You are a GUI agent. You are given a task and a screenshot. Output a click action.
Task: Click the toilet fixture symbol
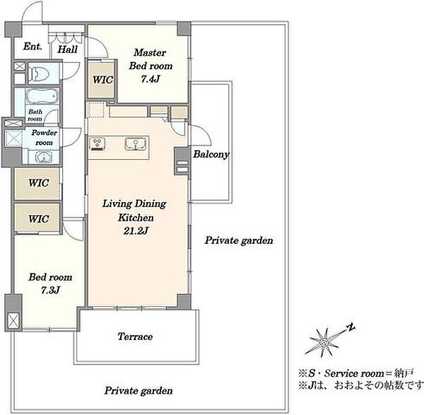[39, 72]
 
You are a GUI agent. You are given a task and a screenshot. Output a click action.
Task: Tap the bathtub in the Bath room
[42, 96]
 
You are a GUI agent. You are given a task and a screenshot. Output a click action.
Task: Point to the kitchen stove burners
[98, 144]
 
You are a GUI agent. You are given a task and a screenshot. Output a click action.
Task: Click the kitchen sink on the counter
[136, 144]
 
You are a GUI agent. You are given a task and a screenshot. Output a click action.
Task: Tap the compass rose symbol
[324, 342]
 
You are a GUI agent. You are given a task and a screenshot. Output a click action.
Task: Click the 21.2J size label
[136, 230]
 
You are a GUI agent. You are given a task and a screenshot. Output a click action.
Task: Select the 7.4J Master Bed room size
[151, 78]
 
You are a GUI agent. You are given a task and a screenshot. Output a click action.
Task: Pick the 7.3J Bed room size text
[50, 291]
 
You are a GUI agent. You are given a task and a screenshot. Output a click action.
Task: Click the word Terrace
[135, 337]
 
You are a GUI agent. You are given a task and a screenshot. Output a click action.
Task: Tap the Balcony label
[211, 154]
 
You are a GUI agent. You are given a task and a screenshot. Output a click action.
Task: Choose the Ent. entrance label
[33, 46]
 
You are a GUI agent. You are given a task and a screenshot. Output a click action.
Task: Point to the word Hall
[68, 49]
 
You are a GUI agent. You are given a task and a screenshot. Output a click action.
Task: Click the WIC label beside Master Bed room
[102, 80]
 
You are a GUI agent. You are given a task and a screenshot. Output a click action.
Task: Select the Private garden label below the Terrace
[139, 391]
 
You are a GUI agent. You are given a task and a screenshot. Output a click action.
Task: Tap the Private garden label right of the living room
[239, 240]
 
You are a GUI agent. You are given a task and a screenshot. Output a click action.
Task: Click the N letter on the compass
[351, 328]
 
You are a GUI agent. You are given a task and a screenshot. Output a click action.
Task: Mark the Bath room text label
[35, 115]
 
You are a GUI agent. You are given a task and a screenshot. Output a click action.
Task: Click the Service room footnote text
[356, 373]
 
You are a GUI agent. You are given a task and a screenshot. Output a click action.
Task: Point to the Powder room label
[45, 137]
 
